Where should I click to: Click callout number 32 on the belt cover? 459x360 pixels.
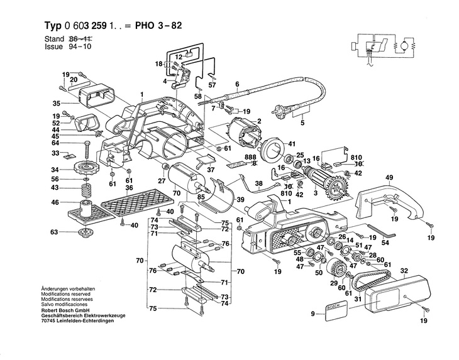pyautogui.click(x=404, y=271)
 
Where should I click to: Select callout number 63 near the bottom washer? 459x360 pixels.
pyautogui.click(x=54, y=232)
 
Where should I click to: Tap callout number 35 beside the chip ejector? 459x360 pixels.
pyautogui.click(x=55, y=103)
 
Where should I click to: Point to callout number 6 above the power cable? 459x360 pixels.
pyautogui.click(x=237, y=84)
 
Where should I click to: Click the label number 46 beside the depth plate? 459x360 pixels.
pyautogui.click(x=55, y=202)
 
